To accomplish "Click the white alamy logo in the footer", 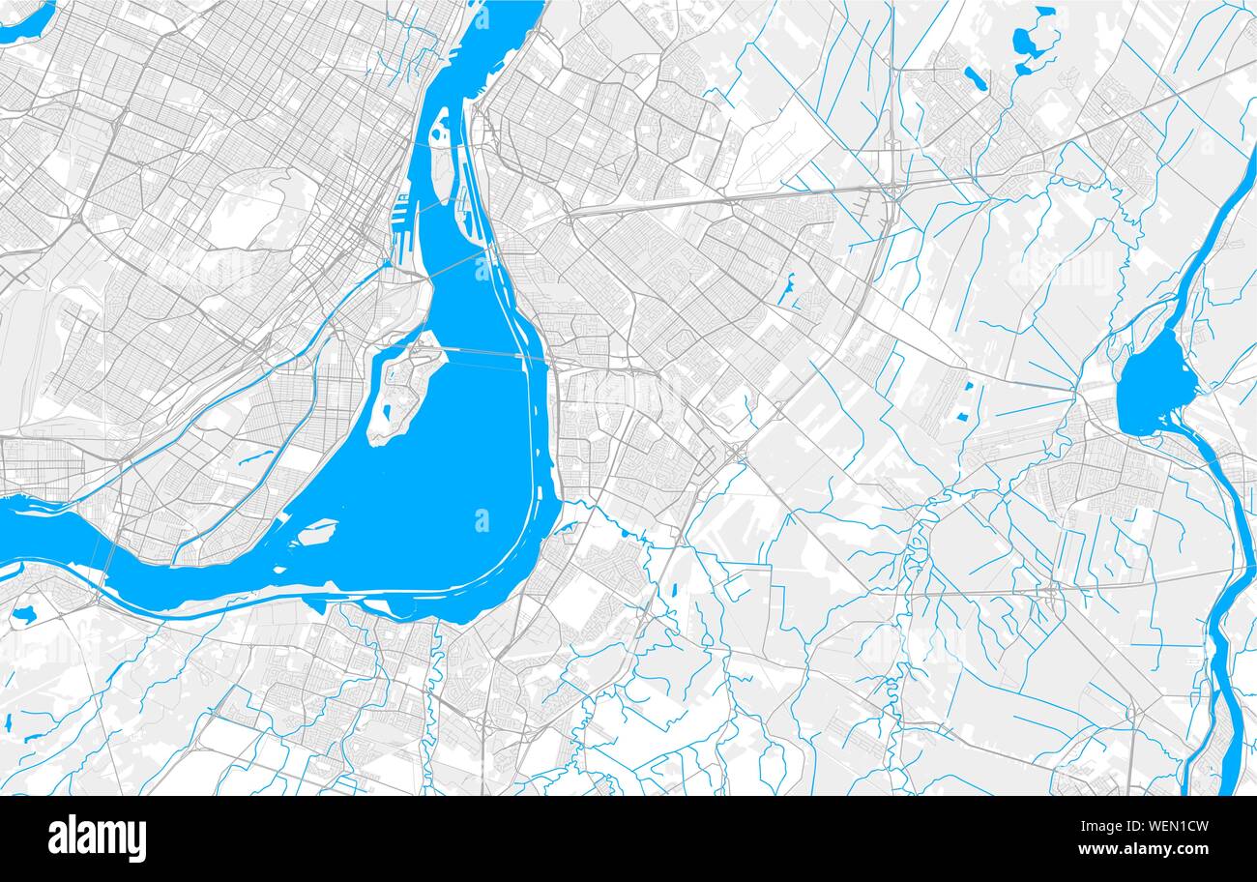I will tap(98, 838).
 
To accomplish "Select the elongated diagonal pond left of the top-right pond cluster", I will tap(974, 77).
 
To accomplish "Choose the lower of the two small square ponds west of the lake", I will tap(962, 417).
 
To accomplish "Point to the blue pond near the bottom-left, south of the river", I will tap(22, 613).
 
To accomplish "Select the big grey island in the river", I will tap(406, 387).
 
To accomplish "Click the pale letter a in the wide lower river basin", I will tap(482, 520).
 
